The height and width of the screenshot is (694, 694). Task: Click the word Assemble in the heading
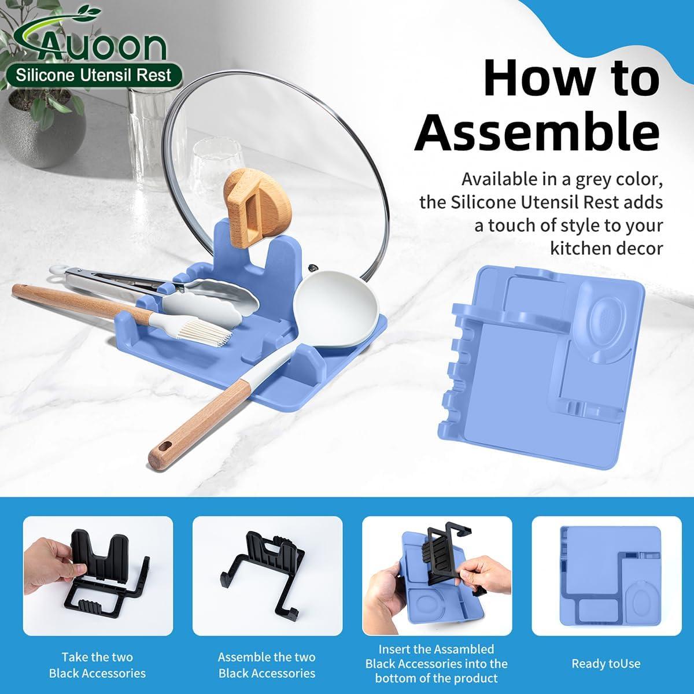click(537, 132)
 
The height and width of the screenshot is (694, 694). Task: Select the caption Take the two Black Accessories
click(97, 665)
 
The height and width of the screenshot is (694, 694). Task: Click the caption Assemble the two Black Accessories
click(267, 665)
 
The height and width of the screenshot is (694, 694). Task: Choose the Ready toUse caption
click(606, 663)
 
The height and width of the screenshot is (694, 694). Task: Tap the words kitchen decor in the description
click(606, 249)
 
